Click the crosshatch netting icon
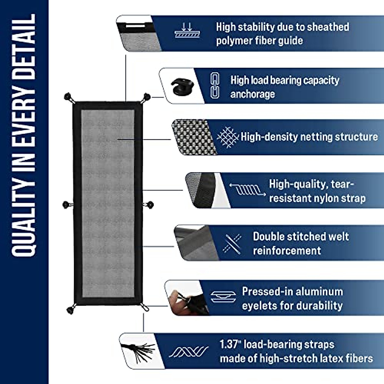(227, 137)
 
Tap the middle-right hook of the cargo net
(149, 204)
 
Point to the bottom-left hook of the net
(70, 309)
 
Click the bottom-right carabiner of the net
(146, 308)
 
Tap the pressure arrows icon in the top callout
(187, 30)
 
